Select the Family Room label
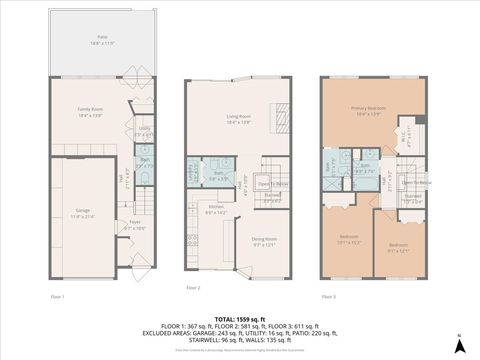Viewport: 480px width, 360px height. (x=91, y=115)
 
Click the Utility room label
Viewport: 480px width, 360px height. (x=144, y=131)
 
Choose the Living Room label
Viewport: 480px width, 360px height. (x=238, y=119)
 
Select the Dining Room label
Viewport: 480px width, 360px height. (x=264, y=241)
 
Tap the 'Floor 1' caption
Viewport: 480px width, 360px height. (x=58, y=296)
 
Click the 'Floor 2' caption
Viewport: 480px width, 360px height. (x=193, y=288)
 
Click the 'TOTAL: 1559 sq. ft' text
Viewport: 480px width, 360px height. (x=239, y=318)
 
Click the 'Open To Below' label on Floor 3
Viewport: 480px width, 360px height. (x=417, y=183)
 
